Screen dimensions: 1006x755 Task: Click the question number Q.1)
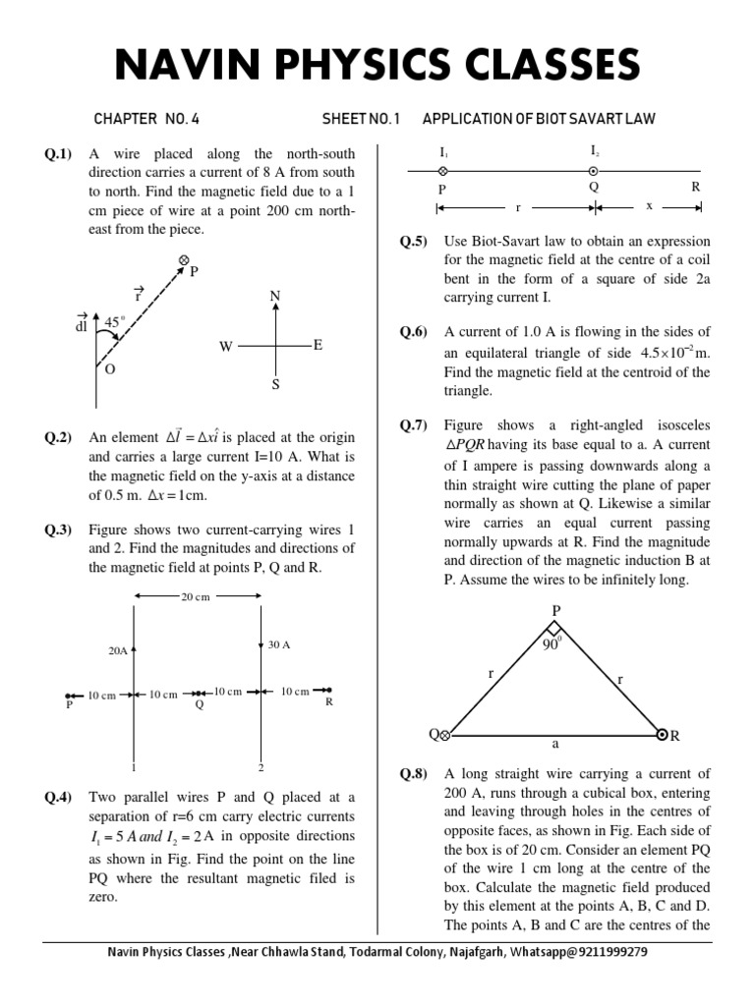[58, 154]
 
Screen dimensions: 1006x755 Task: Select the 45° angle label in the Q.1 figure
[116, 321]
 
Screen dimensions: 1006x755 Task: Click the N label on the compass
[274, 297]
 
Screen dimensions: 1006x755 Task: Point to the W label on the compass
[225, 347]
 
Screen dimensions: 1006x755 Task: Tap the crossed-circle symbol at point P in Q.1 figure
[183, 259]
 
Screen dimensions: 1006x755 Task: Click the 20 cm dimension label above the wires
[196, 596]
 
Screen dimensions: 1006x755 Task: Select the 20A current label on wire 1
[118, 650]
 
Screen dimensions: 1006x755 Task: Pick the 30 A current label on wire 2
[280, 644]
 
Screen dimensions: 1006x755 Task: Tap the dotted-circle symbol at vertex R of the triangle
[663, 735]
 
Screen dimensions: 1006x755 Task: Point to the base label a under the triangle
[554, 746]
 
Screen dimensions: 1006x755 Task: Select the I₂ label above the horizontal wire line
[594, 152]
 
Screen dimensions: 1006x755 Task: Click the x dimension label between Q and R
[649, 207]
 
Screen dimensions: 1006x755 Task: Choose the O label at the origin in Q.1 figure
[110, 368]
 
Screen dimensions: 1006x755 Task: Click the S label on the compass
[275, 384]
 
